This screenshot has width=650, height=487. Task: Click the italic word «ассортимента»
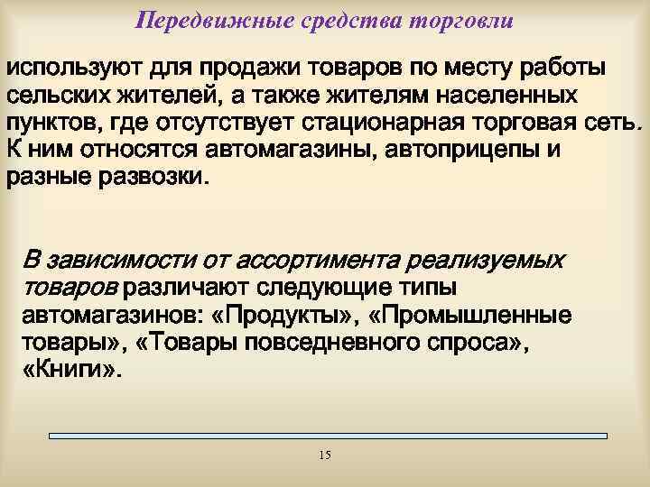320,262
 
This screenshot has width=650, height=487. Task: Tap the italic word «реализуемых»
487,262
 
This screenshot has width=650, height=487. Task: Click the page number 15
325,455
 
